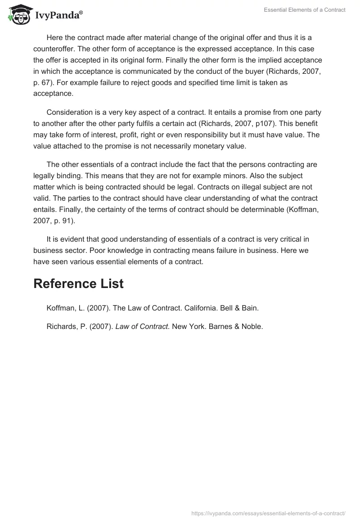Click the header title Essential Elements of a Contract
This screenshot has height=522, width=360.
(x=305, y=10)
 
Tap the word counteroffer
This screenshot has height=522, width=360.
(x=54, y=49)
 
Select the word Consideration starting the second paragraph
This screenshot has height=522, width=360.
(x=68, y=112)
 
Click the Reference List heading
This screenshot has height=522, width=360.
(x=78, y=283)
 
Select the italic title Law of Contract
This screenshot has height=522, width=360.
(x=142, y=327)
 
